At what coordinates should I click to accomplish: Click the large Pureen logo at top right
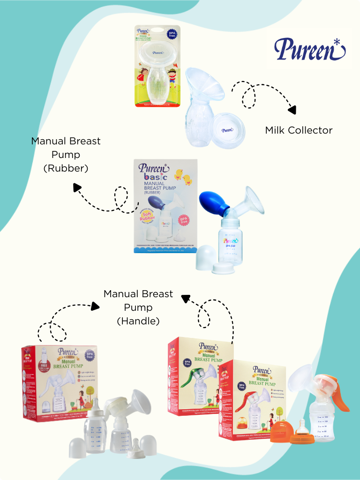pyautogui.click(x=310, y=49)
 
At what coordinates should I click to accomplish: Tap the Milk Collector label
pyautogui.click(x=299, y=130)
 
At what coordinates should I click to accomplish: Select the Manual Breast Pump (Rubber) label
pyautogui.click(x=66, y=154)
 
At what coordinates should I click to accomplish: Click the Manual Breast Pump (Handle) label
pyautogui.click(x=138, y=307)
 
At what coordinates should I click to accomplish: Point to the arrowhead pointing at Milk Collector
pyautogui.click(x=292, y=110)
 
